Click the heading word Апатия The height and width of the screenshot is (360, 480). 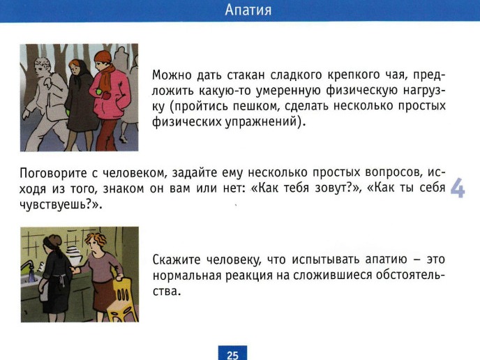tap(248, 10)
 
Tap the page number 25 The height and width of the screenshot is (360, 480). tap(232, 355)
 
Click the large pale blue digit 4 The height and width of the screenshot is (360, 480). tap(458, 188)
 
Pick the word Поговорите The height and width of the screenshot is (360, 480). tap(53, 174)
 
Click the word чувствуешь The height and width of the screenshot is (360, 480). tap(54, 205)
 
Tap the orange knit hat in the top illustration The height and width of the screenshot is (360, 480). tap(103, 57)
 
